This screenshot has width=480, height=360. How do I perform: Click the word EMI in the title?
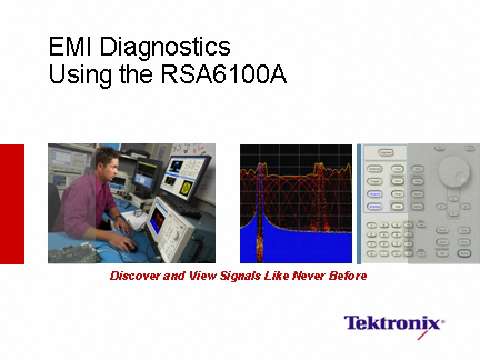click(x=71, y=47)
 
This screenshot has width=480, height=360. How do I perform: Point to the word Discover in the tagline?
click(x=135, y=275)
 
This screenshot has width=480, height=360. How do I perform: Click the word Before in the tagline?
click(x=348, y=275)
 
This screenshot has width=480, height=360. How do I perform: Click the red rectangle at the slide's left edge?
click(x=11, y=204)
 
